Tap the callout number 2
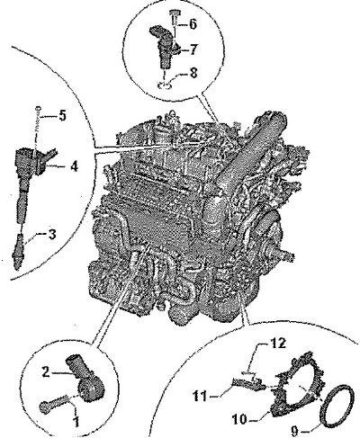pyautogui.click(x=46, y=372)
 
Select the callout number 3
pyautogui.click(x=52, y=235)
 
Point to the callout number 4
pyautogui.click(x=74, y=165)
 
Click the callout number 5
pyautogui.click(x=62, y=116)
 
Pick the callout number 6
pyautogui.click(x=193, y=24)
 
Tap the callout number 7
pyautogui.click(x=193, y=49)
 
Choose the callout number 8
pyautogui.click(x=193, y=72)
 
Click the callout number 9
pyautogui.click(x=296, y=431)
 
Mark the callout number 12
pyautogui.click(x=277, y=344)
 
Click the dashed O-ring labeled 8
pyautogui.click(x=165, y=85)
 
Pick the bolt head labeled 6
pyautogui.click(x=175, y=13)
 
